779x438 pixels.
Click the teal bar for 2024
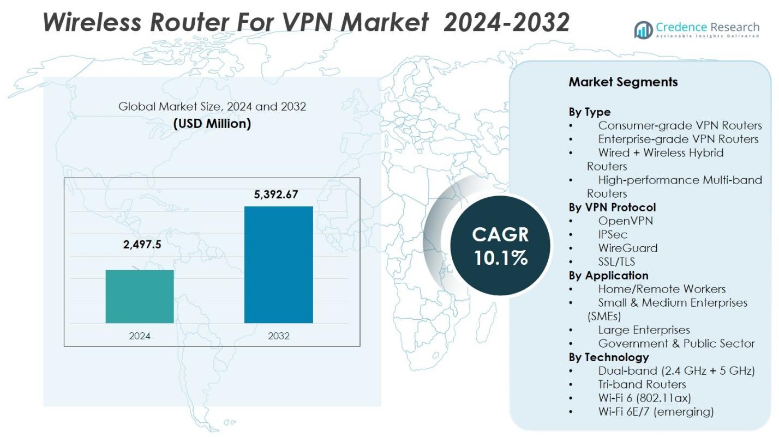coord(140,296)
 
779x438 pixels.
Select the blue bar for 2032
coord(278,264)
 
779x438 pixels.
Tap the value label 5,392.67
coord(276,194)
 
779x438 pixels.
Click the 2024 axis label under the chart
coord(140,336)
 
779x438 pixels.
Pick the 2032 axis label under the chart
coord(279,336)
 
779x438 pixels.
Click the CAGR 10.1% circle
coord(500,246)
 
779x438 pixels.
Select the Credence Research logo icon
coord(643,30)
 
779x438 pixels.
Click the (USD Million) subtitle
coord(212,124)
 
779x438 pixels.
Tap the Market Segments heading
coord(623,82)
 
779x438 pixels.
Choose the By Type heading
coord(590,112)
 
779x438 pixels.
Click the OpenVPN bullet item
coord(625,221)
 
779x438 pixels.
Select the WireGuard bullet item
coord(627,248)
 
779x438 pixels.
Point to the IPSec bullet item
coord(613,234)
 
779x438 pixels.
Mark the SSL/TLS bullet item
coord(616,261)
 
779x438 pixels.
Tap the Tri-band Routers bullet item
coord(642,384)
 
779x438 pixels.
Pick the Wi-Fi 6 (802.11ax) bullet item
coord(644,398)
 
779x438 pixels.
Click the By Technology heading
coord(608,357)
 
